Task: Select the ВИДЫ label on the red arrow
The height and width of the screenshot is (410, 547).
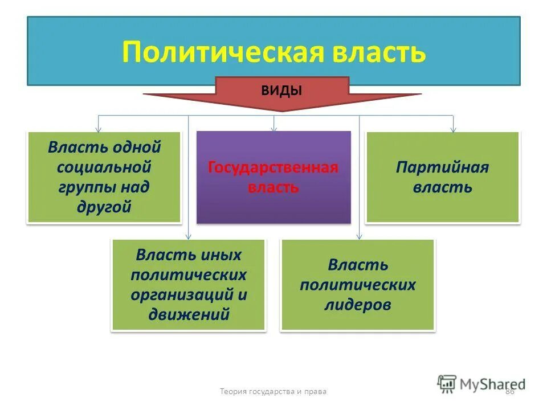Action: pos(281,89)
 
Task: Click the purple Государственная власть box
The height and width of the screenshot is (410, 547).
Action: pos(273,177)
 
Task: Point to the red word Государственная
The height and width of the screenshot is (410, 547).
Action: pos(273,167)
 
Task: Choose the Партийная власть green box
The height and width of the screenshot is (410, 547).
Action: pos(442,177)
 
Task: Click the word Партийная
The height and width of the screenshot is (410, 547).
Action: pos(442,167)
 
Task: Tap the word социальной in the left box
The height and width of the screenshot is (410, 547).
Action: pos(104,167)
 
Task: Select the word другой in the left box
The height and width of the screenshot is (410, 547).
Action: pos(104,207)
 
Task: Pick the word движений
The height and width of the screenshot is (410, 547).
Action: pos(189,314)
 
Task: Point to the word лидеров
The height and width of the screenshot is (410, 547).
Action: pos(358,304)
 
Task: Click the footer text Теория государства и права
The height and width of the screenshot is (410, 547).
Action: pos(273,391)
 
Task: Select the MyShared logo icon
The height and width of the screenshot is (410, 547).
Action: pos(447,383)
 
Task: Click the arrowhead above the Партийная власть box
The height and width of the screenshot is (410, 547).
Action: pos(453,129)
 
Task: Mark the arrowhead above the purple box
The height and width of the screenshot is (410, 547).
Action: pos(273,128)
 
